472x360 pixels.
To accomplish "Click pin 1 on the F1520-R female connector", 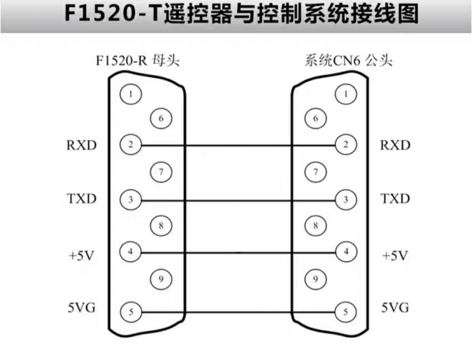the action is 131,94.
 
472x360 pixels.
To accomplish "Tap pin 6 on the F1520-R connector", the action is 161,118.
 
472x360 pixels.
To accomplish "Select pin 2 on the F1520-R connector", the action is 131,145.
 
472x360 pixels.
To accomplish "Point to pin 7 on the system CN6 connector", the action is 316,172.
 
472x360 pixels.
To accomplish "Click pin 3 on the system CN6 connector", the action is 346,199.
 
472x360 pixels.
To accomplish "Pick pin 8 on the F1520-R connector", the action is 161,225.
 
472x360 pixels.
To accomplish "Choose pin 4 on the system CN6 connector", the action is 346,252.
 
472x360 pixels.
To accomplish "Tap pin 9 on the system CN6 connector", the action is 316,279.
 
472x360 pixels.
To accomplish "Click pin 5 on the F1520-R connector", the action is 131,312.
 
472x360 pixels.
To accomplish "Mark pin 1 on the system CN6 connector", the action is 346,94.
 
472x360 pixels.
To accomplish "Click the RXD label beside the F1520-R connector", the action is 82,145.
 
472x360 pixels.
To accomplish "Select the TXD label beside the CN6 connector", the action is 395,199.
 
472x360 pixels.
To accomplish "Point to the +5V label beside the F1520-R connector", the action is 82,256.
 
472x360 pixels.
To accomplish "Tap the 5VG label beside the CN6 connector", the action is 395,308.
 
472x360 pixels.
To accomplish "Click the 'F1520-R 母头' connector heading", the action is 138,61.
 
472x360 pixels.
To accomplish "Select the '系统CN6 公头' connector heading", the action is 349,61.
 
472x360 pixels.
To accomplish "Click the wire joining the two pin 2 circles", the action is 238,145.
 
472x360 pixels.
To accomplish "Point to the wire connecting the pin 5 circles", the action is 238,312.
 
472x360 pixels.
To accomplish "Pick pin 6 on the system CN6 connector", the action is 316,118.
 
